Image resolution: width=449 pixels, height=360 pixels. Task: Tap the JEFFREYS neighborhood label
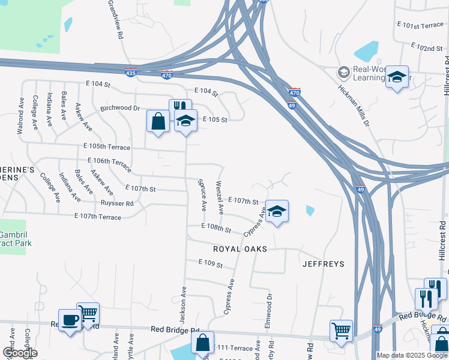click(323, 263)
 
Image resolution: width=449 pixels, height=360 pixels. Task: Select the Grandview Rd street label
click(115, 20)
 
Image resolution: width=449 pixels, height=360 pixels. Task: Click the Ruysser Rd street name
click(117, 203)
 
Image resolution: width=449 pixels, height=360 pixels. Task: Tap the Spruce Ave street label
click(203, 194)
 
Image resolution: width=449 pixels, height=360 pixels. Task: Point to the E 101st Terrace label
click(420, 25)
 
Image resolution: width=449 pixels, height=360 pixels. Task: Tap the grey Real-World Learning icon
click(344, 73)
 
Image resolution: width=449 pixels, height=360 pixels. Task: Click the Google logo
click(20, 353)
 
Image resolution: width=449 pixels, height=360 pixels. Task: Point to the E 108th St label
click(217, 228)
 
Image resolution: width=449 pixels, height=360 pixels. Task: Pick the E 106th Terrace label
click(109, 162)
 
